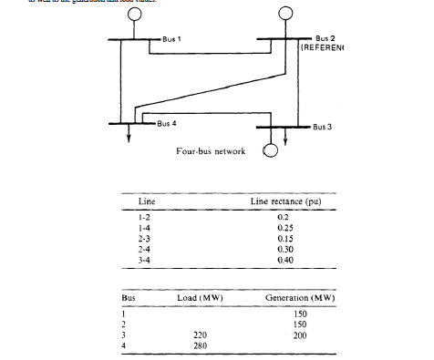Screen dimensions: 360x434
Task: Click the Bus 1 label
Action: click(x=171, y=38)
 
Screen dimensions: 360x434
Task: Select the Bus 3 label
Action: click(x=322, y=127)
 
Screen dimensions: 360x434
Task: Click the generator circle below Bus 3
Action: click(x=271, y=151)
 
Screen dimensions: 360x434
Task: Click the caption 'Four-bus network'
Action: click(x=211, y=151)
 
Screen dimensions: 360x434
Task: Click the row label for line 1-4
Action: click(x=143, y=228)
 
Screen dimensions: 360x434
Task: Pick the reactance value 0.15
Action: click(x=283, y=238)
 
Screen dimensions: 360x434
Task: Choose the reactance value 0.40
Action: click(x=283, y=258)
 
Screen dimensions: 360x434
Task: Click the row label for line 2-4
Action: click(x=143, y=248)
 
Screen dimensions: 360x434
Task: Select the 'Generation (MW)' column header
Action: click(x=300, y=299)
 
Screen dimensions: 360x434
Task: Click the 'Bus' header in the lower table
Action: click(x=128, y=299)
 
